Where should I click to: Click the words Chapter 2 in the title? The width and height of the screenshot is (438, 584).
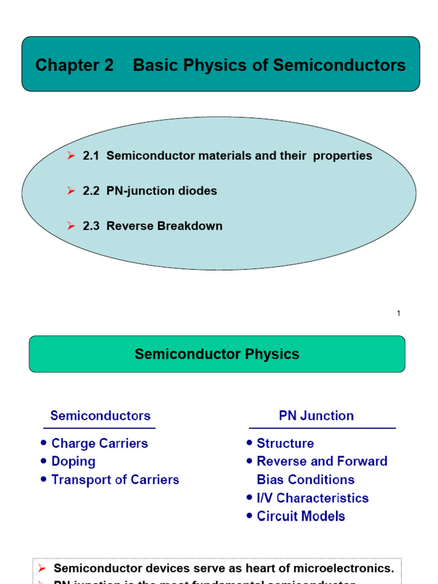74,66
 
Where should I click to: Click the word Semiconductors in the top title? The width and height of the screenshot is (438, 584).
339,66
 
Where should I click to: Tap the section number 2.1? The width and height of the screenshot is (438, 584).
91,156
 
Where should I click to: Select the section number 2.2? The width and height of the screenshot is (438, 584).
91,191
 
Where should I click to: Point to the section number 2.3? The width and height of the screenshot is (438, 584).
91,226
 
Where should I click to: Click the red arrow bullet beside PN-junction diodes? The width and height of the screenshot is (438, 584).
71,191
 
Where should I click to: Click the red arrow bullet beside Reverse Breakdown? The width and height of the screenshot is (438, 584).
71,226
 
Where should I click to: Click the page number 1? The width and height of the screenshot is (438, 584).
399,313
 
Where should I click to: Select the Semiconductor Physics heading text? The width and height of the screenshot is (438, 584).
217,354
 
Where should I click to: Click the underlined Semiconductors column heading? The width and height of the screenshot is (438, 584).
100,416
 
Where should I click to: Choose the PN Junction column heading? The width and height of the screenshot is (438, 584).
316,416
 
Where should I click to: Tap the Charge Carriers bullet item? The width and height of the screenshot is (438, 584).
99,443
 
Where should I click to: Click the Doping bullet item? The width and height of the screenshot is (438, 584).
73,461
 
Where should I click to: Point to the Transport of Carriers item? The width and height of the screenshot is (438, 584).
115,480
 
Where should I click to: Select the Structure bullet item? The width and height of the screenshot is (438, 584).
285,443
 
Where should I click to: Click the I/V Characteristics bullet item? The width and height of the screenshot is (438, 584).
313,498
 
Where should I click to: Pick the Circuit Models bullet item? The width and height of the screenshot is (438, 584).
301,516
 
